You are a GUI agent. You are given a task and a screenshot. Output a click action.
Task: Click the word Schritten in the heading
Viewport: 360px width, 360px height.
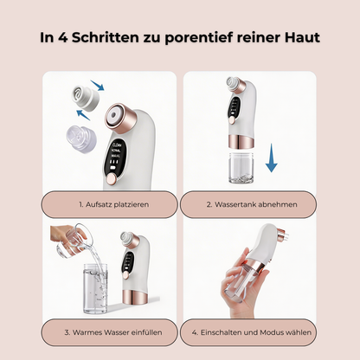106,37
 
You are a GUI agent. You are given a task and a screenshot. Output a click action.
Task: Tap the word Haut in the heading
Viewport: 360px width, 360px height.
303,37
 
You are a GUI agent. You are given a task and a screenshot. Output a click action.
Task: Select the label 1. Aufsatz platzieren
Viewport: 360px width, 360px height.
114,204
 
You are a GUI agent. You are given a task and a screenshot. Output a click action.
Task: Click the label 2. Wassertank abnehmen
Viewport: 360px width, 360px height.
252,204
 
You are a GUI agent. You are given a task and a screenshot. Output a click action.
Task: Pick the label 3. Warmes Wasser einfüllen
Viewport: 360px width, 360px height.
113,332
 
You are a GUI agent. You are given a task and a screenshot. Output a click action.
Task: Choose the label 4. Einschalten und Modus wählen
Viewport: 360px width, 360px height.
252,332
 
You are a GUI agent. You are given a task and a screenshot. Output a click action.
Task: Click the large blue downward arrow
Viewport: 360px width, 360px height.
271,157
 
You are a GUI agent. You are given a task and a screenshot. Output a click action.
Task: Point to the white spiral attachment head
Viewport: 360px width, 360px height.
86,99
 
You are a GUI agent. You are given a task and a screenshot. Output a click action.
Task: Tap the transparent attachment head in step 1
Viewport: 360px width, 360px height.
80,139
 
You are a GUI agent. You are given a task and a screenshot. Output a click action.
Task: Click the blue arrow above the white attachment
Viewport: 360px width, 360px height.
97,86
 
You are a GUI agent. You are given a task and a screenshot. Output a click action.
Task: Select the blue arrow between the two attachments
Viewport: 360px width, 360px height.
83,115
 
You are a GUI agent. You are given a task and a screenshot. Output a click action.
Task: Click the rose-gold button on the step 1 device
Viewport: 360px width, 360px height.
111,179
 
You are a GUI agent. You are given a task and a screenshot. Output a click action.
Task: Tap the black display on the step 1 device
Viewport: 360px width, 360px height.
115,157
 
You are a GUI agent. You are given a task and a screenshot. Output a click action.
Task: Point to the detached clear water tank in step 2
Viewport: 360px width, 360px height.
241,168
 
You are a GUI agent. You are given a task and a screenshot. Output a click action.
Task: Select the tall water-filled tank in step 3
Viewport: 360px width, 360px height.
95,288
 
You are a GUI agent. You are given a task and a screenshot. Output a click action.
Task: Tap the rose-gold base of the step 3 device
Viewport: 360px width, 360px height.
135,297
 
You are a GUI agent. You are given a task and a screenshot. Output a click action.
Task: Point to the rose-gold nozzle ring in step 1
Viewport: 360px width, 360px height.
119,119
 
